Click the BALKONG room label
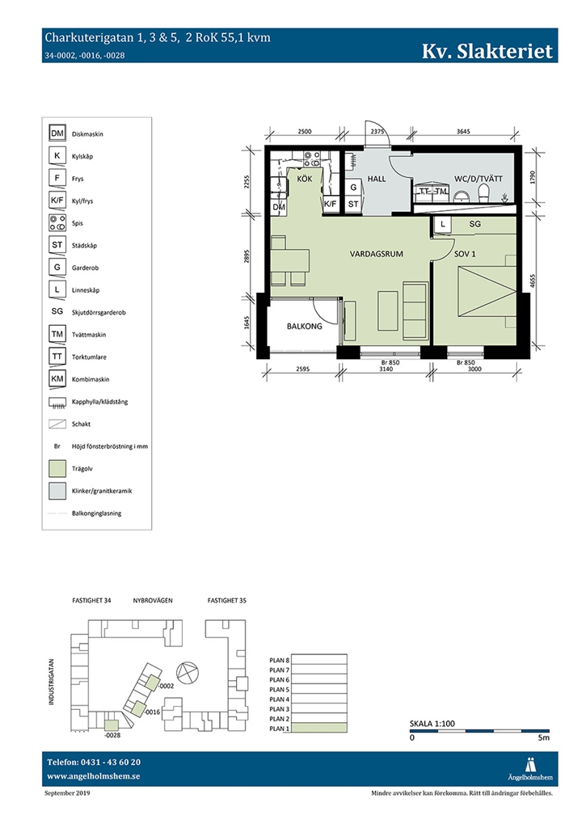[304, 327]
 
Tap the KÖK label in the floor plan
[305, 179]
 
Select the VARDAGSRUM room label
[377, 254]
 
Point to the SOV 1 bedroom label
[465, 254]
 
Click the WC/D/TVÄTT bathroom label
[478, 179]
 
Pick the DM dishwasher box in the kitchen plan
[279, 207]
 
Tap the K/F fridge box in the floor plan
[331, 204]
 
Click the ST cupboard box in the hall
[353, 204]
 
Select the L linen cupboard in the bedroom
[443, 225]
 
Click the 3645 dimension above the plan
[463, 132]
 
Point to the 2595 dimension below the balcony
[302, 369]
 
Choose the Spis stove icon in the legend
[57, 223]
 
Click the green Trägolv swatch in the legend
[57, 468]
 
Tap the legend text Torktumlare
[89, 357]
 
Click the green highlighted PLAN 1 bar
[319, 729]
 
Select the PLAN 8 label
[280, 660]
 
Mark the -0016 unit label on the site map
[153, 712]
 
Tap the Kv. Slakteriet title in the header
[487, 51]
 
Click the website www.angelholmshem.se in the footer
[94, 776]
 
